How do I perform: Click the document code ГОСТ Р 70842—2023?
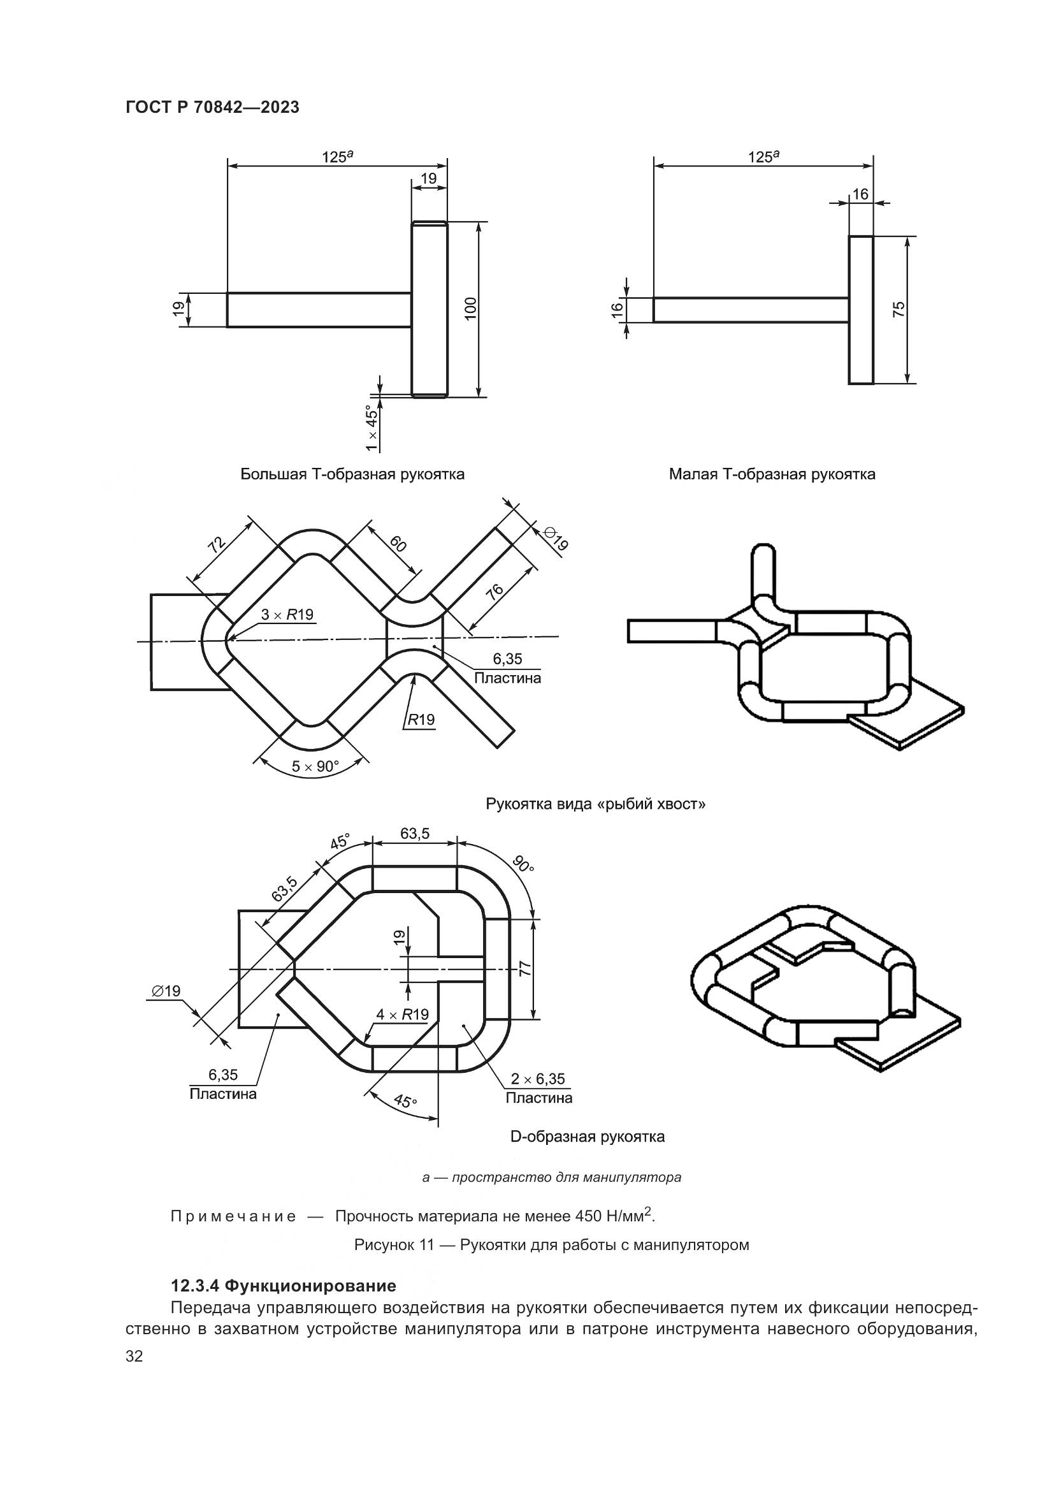point(212,108)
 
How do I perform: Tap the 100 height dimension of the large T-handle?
point(470,308)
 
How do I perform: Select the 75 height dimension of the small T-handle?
point(899,309)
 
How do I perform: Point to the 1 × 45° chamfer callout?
point(372,428)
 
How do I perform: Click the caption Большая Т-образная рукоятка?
point(352,474)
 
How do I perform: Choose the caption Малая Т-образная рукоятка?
point(772,474)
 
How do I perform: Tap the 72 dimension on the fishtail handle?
point(216,544)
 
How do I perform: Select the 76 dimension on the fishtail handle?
point(495,592)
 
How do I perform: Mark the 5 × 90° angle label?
point(315,766)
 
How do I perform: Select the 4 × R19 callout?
point(402,1014)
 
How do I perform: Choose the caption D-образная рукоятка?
point(588,1137)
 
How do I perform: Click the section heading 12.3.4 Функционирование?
point(284,1285)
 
